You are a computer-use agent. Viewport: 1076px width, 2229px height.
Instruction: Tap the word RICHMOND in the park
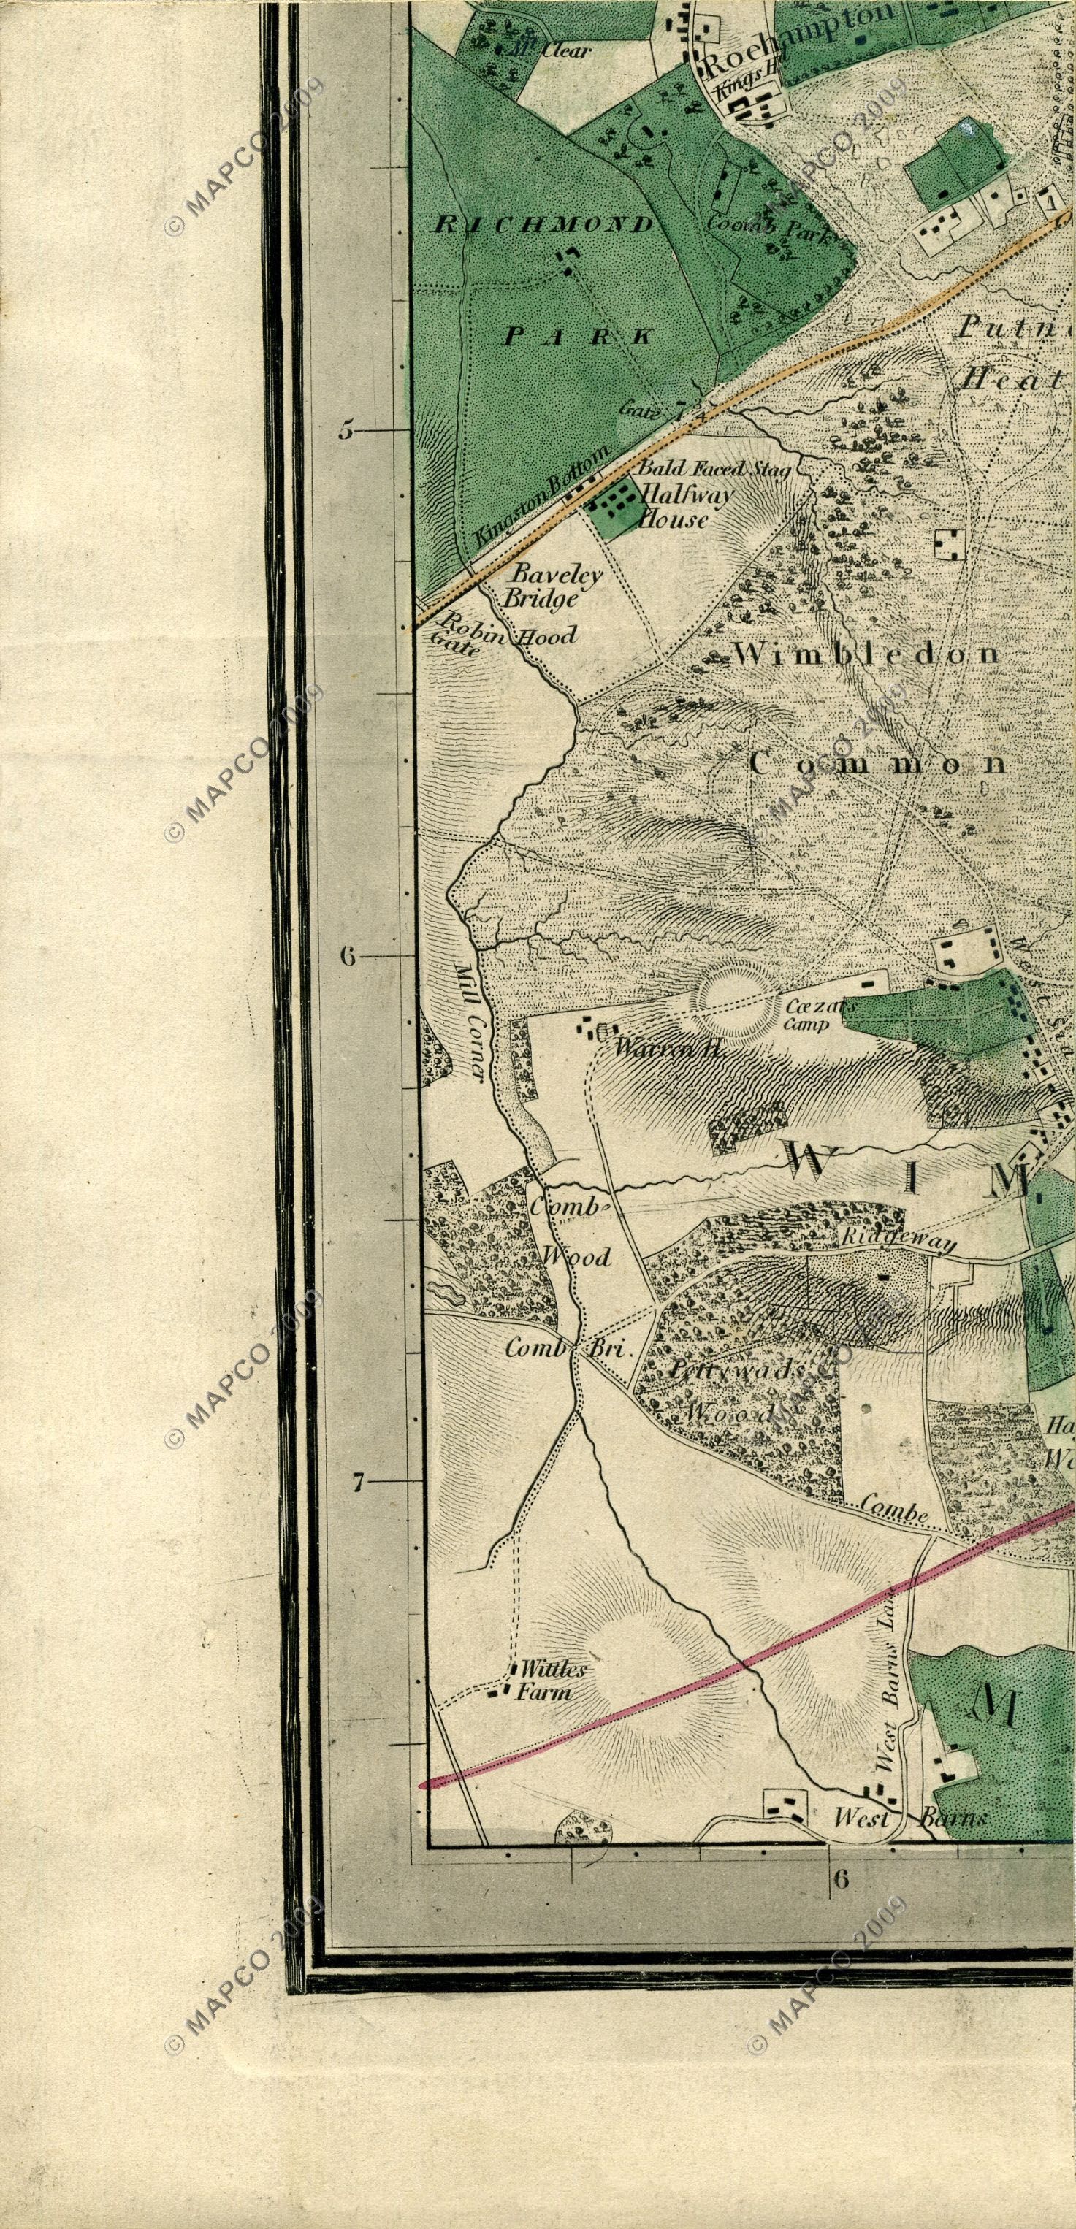pos(543,225)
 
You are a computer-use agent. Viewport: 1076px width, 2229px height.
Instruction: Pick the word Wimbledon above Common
pos(866,654)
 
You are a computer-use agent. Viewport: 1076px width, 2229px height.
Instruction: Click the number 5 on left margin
pos(346,430)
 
